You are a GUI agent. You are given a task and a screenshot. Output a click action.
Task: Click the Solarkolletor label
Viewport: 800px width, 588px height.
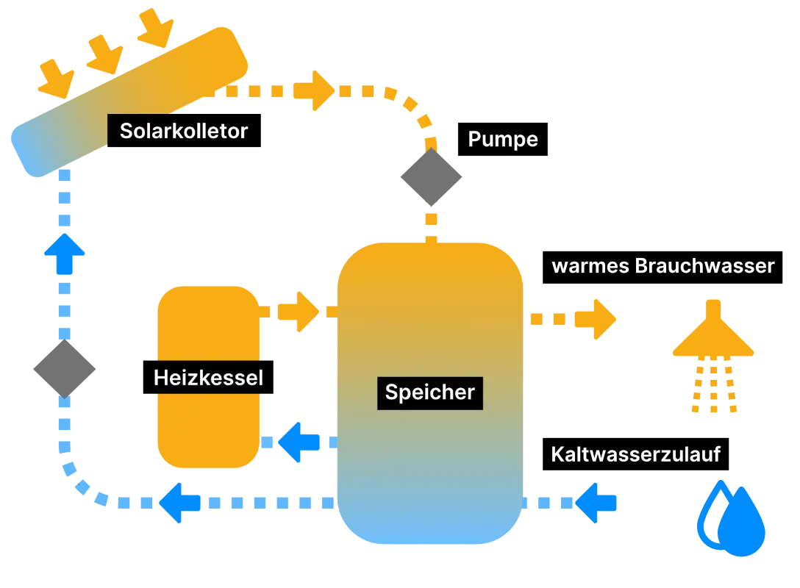[184, 132]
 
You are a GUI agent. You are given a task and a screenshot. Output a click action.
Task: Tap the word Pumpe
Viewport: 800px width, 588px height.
[503, 140]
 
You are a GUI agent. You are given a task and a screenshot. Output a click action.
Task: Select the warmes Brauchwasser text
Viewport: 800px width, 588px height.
[662, 266]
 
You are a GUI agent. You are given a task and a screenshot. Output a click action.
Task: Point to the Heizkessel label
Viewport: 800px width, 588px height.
[208, 379]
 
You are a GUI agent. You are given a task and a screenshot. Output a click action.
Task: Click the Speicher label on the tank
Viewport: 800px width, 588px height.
[430, 392]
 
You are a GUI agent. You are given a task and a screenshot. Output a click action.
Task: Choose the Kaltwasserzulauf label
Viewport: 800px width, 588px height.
[635, 455]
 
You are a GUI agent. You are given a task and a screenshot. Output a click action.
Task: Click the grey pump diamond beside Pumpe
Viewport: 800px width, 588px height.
[432, 176]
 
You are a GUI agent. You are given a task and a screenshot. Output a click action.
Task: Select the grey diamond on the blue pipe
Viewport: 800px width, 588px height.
[65, 369]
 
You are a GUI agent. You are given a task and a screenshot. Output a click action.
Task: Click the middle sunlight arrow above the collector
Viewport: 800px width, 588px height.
[104, 54]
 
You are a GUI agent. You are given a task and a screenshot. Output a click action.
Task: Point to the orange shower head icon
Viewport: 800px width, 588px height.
[713, 340]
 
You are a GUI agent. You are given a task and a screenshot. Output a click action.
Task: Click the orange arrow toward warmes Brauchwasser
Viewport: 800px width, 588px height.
[594, 319]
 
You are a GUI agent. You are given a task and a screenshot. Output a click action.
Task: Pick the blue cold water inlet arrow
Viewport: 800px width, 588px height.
[597, 503]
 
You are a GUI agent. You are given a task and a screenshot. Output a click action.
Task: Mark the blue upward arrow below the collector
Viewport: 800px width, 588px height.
[65, 251]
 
